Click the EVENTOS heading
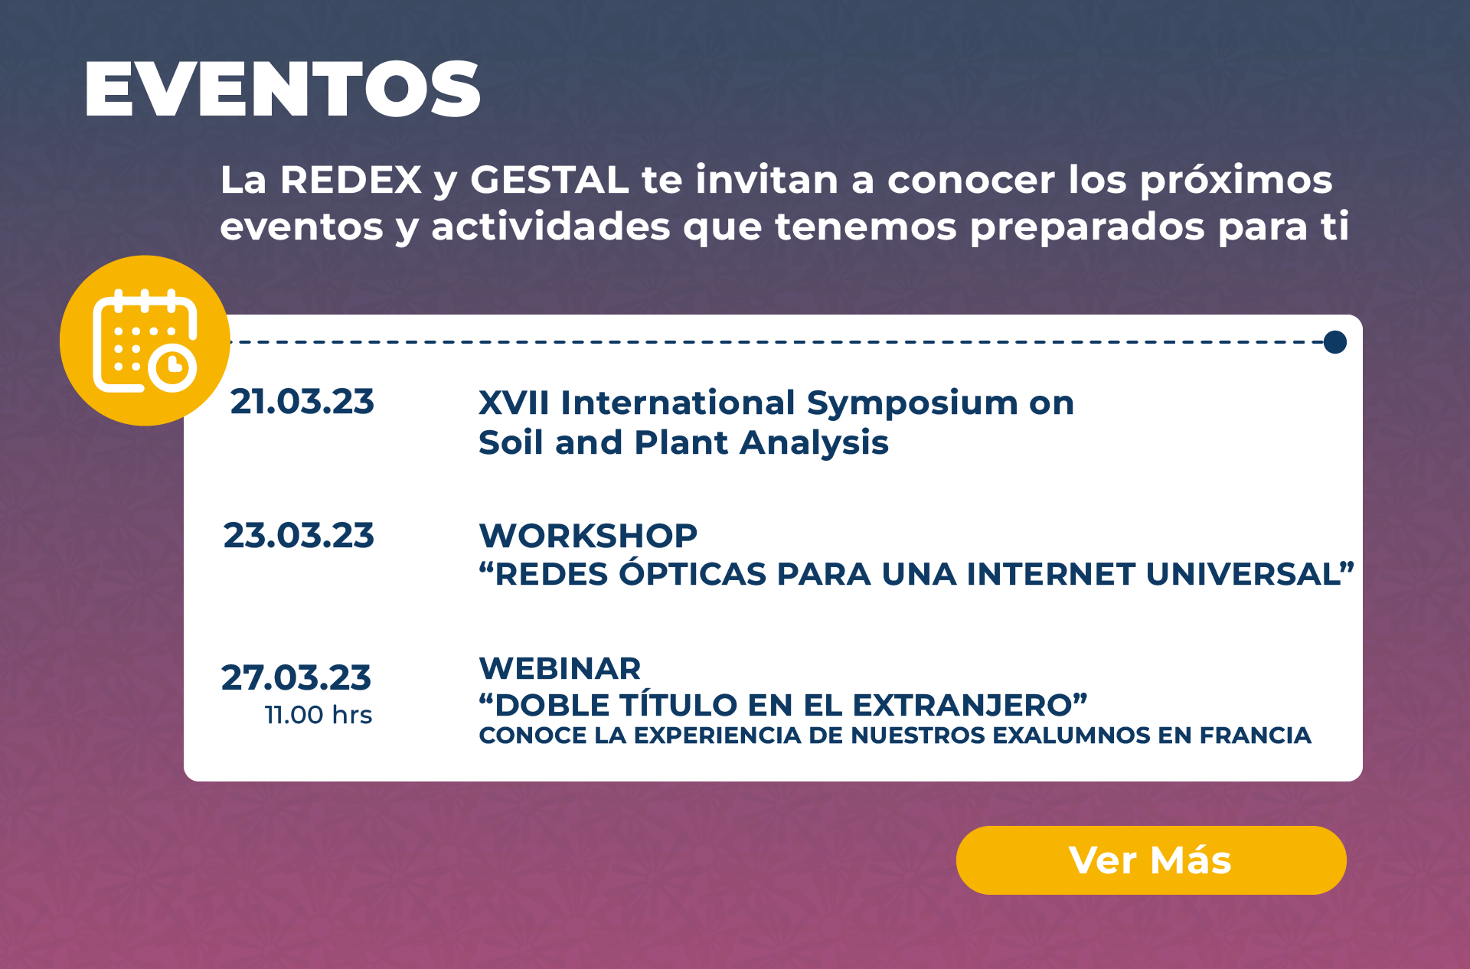pos(283,89)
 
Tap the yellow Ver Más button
pos(1151,860)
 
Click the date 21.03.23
pos(302,402)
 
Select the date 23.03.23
pos(299,535)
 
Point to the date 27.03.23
pos(296,677)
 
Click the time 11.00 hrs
pos(318,715)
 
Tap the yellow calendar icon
pos(145,341)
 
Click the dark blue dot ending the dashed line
pos(1334,342)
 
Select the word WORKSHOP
pos(588,535)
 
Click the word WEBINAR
pos(560,668)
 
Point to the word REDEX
pos(351,180)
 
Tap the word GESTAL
pos(549,180)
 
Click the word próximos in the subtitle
pos(1236,181)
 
